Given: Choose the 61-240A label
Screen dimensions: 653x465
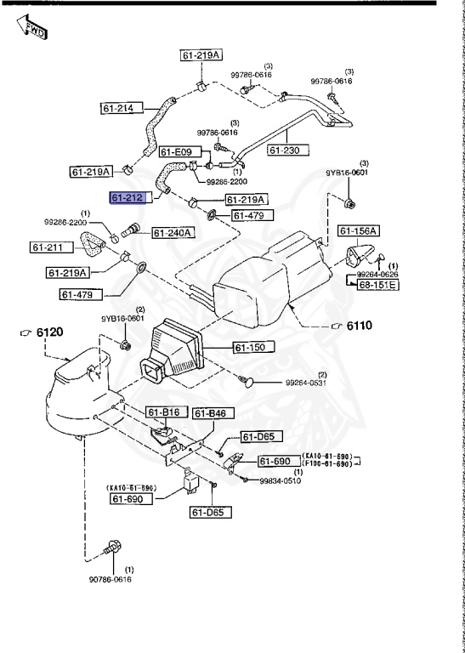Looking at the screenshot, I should [x=173, y=232].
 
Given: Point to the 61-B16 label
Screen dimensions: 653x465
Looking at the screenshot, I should [x=163, y=412].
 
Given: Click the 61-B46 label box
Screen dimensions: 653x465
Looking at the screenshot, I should [x=210, y=413].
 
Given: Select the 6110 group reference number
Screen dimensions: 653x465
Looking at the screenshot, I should [x=355, y=325].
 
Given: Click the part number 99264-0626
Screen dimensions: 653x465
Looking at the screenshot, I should [x=376, y=275].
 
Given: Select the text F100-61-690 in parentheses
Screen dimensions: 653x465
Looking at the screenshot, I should [x=325, y=465].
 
